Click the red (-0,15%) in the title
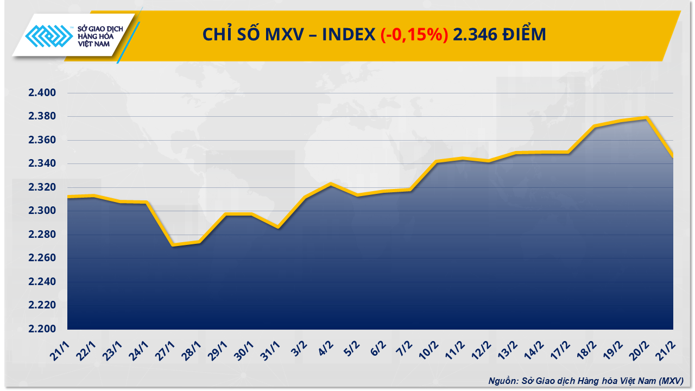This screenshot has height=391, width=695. [414, 35]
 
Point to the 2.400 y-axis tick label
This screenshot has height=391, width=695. [42, 93]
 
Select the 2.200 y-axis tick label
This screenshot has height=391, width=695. [42, 329]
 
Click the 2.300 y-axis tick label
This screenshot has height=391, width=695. [42, 211]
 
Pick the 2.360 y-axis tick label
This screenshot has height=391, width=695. [42, 141]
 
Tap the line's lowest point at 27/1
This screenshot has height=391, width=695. [173, 245]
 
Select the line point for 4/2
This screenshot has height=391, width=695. [331, 184]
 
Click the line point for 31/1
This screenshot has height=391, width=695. [278, 227]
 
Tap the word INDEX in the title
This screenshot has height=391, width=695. [348, 35]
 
